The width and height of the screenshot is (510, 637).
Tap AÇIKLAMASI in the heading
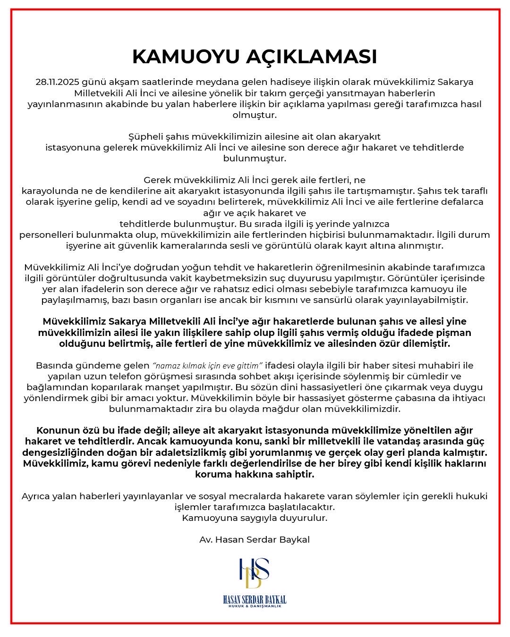click(x=311, y=57)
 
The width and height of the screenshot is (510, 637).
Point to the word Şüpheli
click(x=145, y=136)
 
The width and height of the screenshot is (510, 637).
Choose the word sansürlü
click(x=369, y=300)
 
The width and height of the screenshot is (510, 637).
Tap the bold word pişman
click(x=453, y=333)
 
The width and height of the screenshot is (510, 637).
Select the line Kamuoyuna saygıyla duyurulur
click(x=255, y=518)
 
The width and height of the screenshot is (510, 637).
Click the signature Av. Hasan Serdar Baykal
click(x=255, y=539)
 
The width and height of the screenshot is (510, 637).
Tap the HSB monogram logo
click(x=254, y=573)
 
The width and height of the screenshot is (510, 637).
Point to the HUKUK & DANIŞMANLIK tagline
click(x=255, y=606)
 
